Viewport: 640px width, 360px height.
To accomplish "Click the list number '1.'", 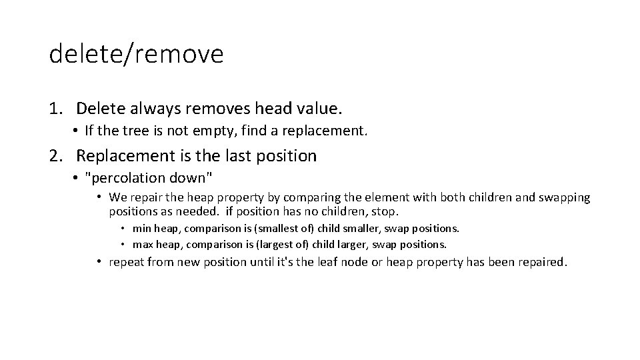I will pos(57,107).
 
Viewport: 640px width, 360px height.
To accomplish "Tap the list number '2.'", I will pos(57,156).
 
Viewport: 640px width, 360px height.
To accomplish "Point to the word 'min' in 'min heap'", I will pos(141,229).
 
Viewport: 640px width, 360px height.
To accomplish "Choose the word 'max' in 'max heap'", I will pos(143,244).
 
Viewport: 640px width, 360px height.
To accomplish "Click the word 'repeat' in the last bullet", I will pos(126,263).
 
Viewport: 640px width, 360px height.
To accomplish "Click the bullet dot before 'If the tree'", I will pos(78,131).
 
